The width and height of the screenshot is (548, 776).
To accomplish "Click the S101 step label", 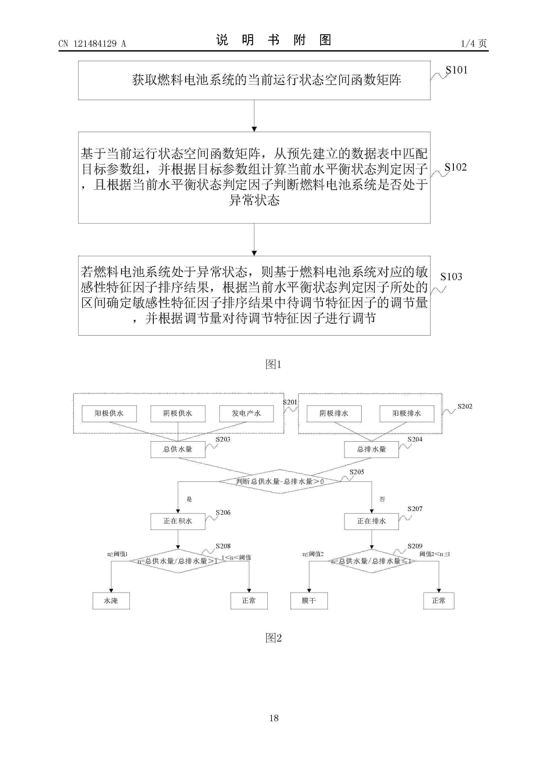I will pos(457,70).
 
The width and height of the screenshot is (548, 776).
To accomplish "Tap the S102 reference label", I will pos(455,167).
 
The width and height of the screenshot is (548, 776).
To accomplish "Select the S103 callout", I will pos(451,277).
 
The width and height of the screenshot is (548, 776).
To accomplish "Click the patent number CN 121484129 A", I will pos(92,44).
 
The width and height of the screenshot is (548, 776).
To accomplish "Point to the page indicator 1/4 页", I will pos(474,44).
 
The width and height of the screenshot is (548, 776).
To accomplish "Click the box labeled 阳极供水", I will pos(109,413).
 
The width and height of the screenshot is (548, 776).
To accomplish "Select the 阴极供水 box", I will pos(178,413).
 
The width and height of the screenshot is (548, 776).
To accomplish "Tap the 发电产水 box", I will pos(246,413).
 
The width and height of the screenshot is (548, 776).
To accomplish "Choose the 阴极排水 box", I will pos(334,413).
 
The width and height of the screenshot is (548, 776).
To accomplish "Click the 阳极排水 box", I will pos(407,413).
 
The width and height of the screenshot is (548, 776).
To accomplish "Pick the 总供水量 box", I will pos(178,449).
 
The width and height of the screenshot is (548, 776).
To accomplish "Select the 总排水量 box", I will pos(371,449).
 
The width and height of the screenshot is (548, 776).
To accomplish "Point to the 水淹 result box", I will pos(111,601).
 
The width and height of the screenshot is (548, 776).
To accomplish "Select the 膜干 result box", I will pos(309,601).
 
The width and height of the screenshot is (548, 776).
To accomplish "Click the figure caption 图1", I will pos(274,364).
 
